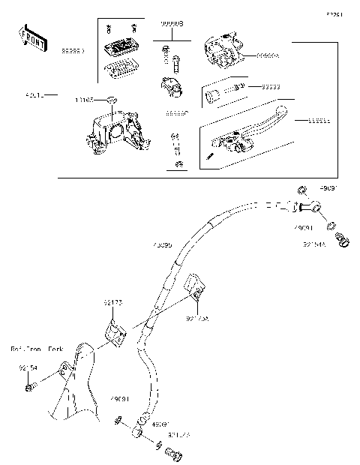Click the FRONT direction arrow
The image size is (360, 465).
pyautogui.click(x=32, y=38)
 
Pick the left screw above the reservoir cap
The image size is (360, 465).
pyautogui.click(x=110, y=28)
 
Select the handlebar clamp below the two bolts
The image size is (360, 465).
pyautogui.click(x=171, y=88)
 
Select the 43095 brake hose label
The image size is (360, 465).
pyautogui.click(x=161, y=244)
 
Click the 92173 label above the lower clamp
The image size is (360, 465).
pyautogui.click(x=112, y=302)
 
